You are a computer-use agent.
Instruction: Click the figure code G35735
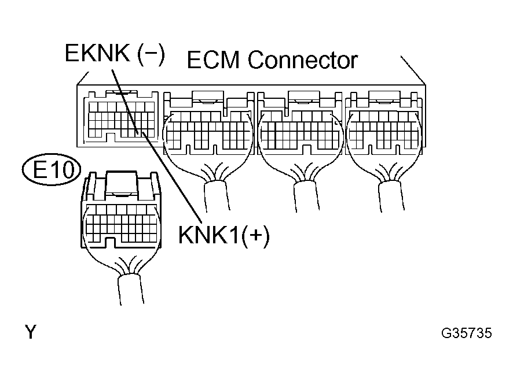[466, 333]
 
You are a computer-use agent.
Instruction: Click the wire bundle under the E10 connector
[128, 289]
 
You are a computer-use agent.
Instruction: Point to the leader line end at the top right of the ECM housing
[402, 58]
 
